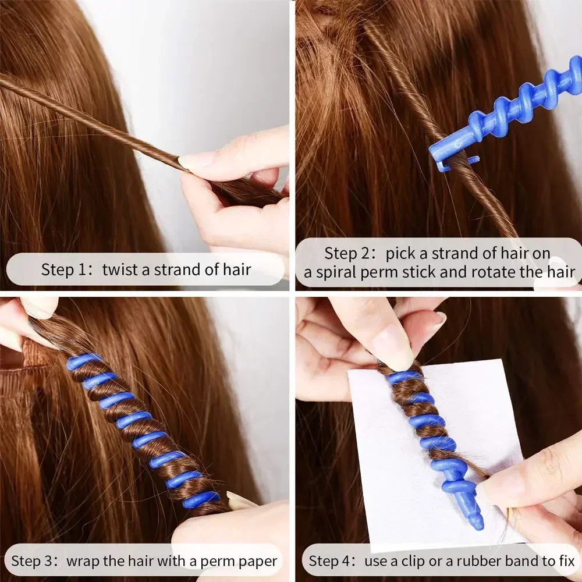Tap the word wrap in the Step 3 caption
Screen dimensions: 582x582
tap(81, 562)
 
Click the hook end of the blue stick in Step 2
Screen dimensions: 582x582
tap(445, 164)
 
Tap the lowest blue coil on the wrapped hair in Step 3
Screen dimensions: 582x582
tap(201, 499)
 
